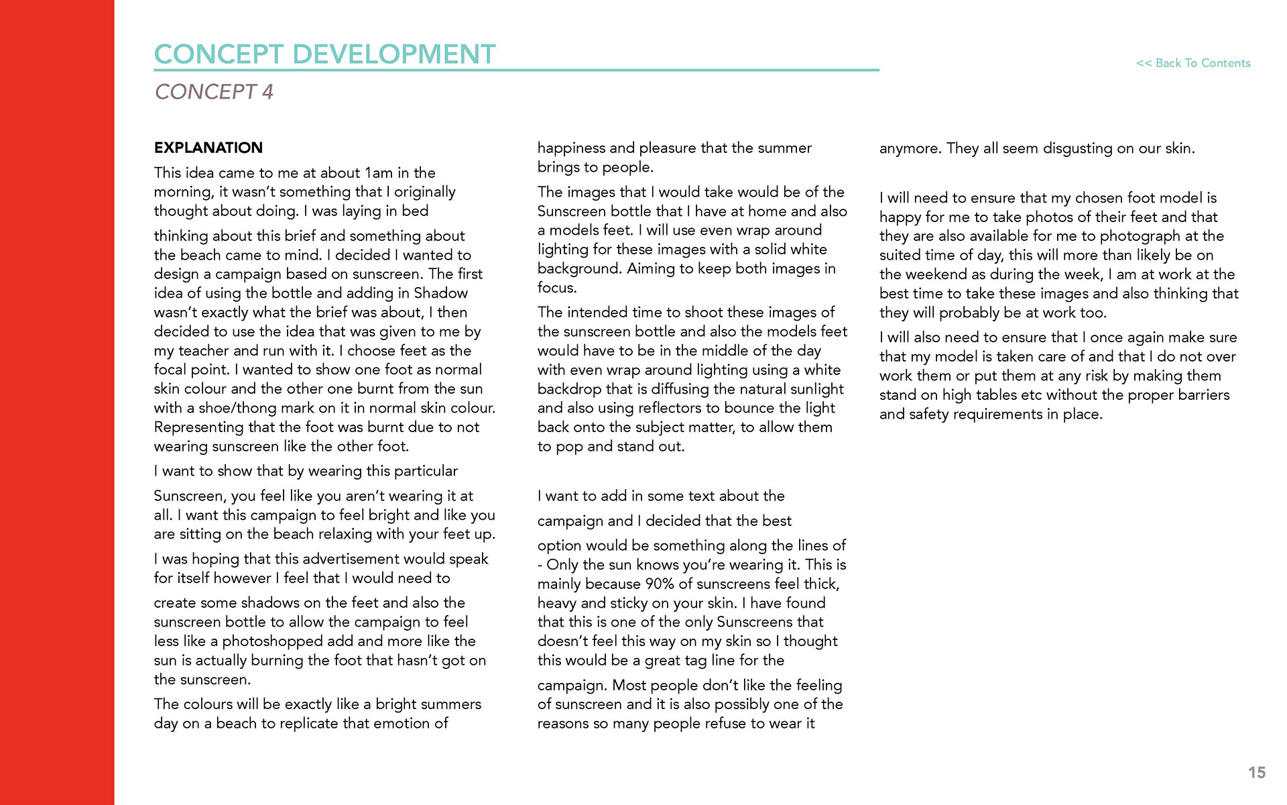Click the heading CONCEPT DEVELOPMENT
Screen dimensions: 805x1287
[x=324, y=54]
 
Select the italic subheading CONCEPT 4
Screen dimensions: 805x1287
[x=214, y=92]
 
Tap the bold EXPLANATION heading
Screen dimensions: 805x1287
[x=208, y=148]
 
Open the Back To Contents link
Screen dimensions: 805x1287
[x=1193, y=63]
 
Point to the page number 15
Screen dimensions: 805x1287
[x=1257, y=773]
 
